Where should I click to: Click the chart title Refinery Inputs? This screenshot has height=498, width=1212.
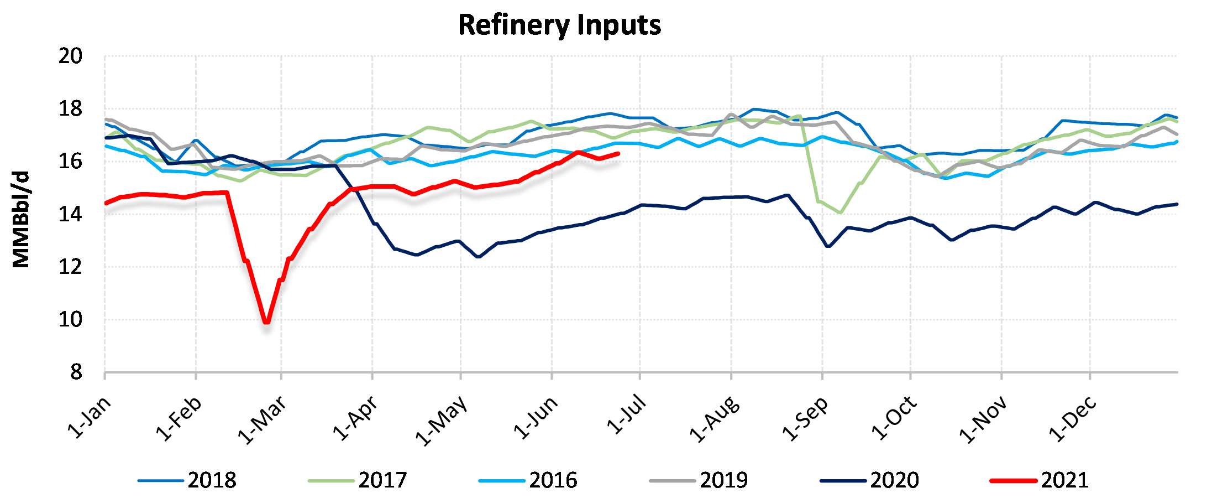559,25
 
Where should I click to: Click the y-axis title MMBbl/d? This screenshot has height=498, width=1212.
20,220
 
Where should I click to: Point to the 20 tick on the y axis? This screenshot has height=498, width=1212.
70,56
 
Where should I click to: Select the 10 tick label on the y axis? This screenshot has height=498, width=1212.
70,319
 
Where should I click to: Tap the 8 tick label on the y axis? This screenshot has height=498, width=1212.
76,372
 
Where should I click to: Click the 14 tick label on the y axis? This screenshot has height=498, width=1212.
70,214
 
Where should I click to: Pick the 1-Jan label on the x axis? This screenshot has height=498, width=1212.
89,418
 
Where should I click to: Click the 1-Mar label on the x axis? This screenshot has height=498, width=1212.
262,420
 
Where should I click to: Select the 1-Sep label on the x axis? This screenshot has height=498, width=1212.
805,419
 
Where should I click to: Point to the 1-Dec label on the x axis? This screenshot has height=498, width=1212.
1073,419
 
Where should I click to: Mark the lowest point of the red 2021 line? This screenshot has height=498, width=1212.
266,321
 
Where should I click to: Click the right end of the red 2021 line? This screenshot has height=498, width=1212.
618,154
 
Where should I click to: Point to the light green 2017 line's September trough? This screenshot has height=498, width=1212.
840,212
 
